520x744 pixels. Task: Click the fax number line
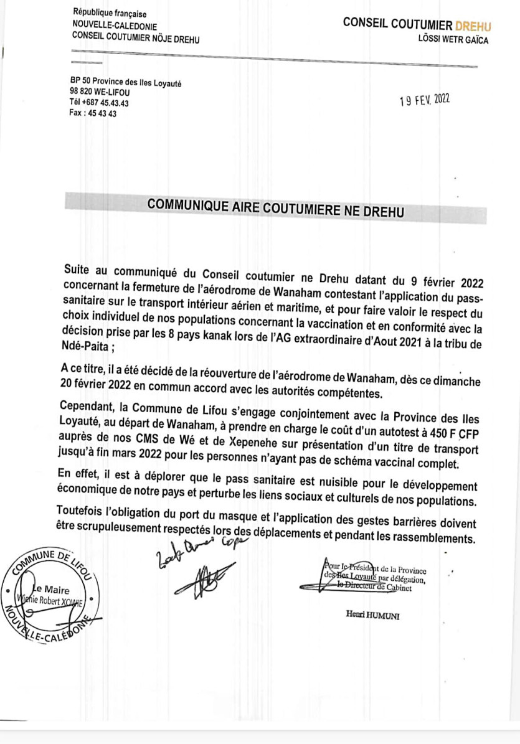tap(93, 114)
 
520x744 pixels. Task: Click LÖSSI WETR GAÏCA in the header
tap(454, 40)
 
